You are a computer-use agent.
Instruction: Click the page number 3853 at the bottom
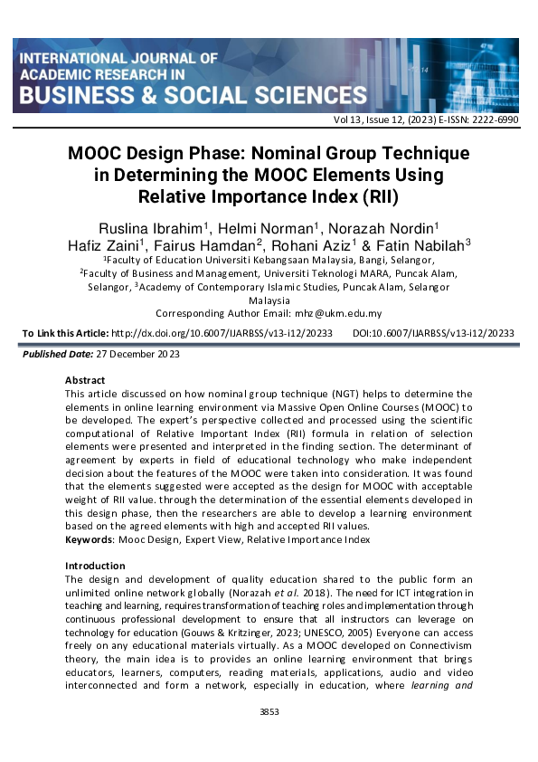pyautogui.click(x=269, y=712)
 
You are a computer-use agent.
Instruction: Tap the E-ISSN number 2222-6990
pyautogui.click(x=496, y=119)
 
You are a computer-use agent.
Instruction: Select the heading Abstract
pyautogui.click(x=85, y=380)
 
